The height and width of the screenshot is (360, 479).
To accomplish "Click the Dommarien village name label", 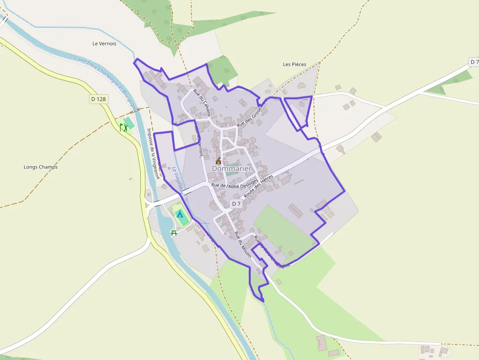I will coord(233,169).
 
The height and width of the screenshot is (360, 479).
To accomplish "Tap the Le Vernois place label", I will coord(104,43).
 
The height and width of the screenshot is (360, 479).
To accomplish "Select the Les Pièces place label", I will coord(294,64).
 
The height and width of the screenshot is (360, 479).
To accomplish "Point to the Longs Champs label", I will coord(41,167).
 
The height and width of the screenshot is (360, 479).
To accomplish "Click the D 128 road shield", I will coord(98,99).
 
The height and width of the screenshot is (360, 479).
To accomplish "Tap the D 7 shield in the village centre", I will coord(236,203).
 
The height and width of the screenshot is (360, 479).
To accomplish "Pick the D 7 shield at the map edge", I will coord(474,62).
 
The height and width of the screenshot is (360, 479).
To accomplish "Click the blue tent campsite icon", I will coord(180,214).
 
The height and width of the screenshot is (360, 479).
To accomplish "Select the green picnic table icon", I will coord(174,233).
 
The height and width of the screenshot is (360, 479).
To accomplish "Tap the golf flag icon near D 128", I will coord(123,127).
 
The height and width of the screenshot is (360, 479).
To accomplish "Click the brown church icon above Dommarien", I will coord(218,160).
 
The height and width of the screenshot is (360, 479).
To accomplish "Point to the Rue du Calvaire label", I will coord(202,102).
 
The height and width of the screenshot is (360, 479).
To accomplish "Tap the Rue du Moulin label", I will coord(242,245).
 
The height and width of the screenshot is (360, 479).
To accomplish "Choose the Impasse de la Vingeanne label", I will coord(153,153).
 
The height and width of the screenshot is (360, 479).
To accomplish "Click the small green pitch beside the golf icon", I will coord(129,123).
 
